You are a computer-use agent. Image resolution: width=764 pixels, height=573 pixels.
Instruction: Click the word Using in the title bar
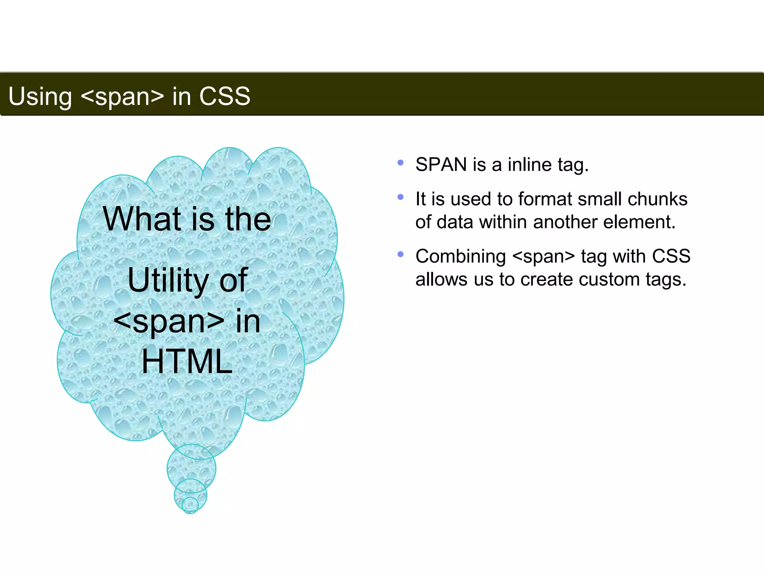click(40, 97)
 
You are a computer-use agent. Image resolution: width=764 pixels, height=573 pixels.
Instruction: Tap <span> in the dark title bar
click(122, 97)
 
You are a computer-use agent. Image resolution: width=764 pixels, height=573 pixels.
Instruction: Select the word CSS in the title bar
click(225, 96)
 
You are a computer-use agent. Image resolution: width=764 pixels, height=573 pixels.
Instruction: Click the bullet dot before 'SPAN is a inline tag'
click(401, 163)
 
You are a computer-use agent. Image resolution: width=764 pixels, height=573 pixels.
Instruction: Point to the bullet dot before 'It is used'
click(401, 197)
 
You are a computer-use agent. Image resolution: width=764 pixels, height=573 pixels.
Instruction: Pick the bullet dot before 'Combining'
click(401, 254)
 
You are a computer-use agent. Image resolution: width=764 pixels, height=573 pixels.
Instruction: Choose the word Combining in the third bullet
click(461, 256)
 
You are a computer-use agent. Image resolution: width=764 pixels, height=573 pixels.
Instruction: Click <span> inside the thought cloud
click(169, 322)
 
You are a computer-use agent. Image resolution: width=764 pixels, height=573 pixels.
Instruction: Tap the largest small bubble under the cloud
click(191, 466)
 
